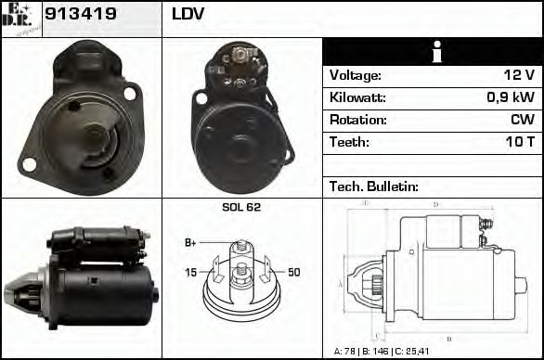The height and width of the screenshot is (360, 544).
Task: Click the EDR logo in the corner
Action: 20,18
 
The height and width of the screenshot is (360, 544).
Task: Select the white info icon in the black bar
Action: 432,52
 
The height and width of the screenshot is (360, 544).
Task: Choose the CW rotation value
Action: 522,121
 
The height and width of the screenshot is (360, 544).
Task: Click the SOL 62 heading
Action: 241,208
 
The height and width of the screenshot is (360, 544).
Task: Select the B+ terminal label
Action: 190,243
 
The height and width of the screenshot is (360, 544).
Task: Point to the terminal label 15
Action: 190,272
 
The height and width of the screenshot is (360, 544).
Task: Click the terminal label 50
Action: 293,272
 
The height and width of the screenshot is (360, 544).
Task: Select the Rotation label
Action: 356,121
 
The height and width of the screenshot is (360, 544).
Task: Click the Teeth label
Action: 349,143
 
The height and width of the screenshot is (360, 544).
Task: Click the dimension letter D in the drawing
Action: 436,204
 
